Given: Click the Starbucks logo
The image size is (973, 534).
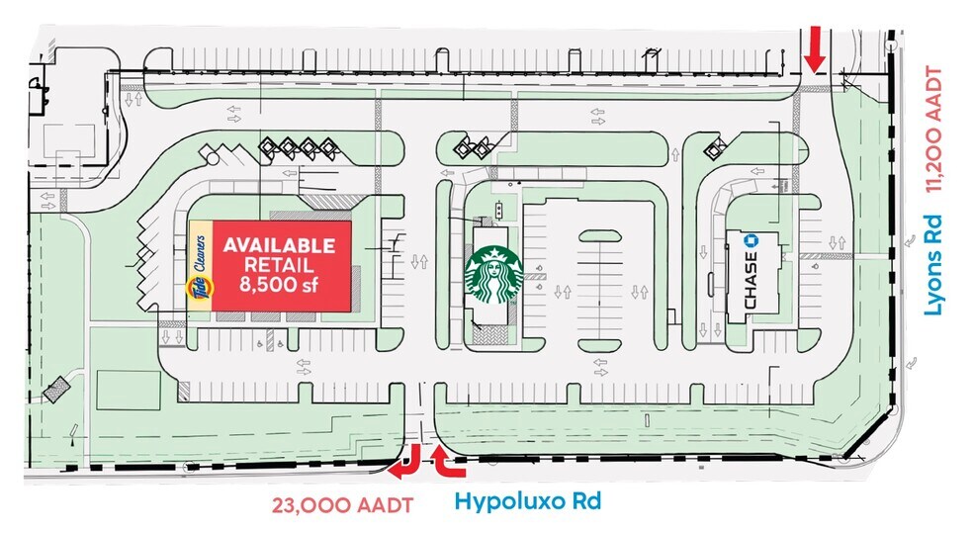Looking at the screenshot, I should click(x=492, y=276).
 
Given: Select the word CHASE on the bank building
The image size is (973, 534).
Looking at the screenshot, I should click(x=751, y=281).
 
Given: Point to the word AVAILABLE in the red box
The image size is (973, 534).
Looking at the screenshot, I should click(x=278, y=245).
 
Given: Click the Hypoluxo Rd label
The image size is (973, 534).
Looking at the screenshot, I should click(x=527, y=500).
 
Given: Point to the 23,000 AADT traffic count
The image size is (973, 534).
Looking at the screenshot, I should click(x=343, y=504).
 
